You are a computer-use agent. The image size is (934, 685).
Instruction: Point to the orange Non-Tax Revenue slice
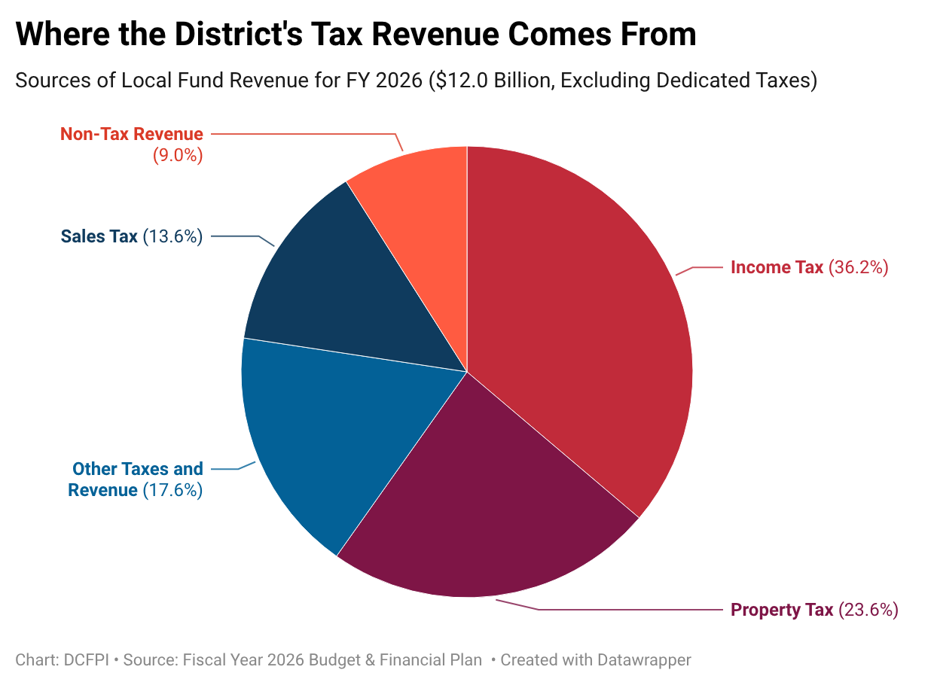pos(422,196)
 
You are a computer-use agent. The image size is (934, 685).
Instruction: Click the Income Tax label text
pos(777,267)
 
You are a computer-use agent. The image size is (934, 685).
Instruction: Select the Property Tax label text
pos(782,610)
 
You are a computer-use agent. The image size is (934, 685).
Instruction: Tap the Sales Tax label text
pos(99,236)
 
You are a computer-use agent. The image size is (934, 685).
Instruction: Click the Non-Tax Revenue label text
pos(132,134)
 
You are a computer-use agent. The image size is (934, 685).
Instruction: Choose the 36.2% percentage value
pos(859,267)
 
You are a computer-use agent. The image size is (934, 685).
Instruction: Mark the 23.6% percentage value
pos(868,610)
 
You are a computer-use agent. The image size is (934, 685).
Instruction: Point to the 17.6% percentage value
pos(172,491)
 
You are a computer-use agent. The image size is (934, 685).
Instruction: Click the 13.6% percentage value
pos(172,236)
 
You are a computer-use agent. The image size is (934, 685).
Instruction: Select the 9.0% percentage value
pos(178,156)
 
